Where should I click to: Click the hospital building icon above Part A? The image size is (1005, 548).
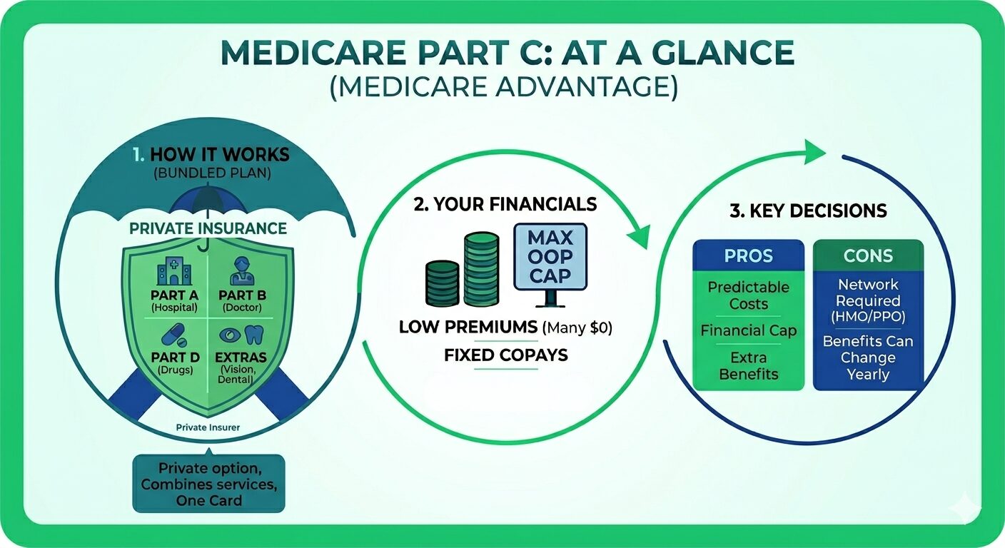[175, 271]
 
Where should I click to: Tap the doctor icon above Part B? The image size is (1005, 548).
[242, 271]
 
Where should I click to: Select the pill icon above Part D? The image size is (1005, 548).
[173, 335]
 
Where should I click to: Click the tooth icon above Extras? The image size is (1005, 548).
[254, 335]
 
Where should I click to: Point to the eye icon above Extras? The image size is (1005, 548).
[230, 335]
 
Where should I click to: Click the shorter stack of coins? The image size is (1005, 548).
[442, 283]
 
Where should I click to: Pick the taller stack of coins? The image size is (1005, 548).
[481, 269]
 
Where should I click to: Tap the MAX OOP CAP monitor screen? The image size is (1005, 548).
[550, 256]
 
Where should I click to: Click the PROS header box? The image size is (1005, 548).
[748, 255]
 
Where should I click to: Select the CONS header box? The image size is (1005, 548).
[868, 255]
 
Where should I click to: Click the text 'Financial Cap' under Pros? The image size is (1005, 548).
[748, 330]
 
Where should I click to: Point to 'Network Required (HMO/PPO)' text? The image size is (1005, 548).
[868, 300]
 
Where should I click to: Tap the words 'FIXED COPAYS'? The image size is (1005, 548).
[506, 355]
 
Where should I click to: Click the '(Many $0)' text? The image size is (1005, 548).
[577, 328]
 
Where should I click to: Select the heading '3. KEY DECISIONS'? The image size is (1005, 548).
[808, 210]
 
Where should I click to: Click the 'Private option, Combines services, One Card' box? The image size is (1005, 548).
[208, 483]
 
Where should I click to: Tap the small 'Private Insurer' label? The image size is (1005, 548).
[208, 427]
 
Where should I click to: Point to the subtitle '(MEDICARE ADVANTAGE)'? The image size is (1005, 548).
[503, 86]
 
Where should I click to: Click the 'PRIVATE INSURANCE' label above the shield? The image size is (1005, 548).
[208, 228]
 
